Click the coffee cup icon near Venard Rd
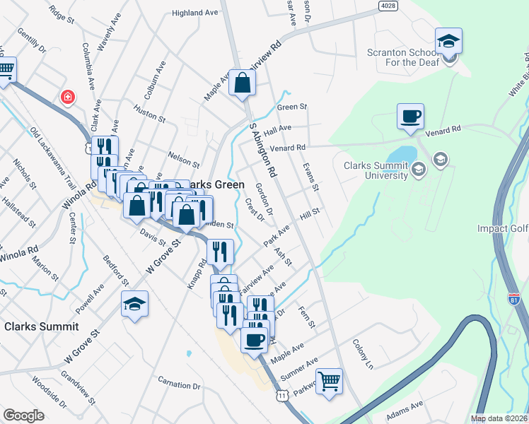411,117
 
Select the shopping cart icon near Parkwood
330,382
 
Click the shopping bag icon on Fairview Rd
243,83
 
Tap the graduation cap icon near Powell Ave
134,304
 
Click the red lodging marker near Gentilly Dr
68,97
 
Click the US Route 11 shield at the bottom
282,396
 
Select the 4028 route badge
388,6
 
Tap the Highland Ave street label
196,13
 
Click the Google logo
24,415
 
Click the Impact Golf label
502,228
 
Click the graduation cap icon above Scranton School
448,41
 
